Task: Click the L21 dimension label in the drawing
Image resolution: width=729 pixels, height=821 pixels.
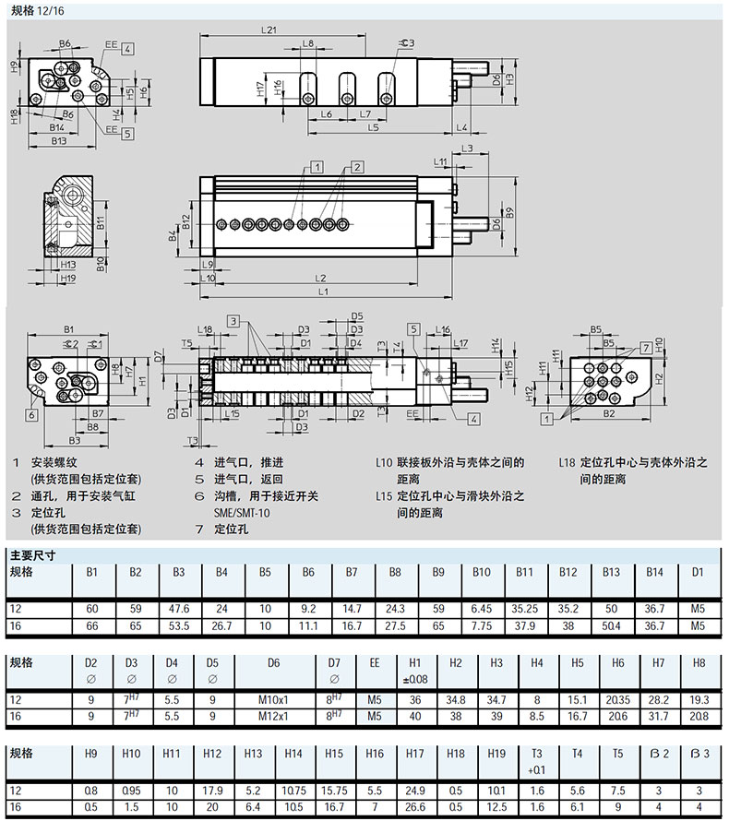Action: pyautogui.click(x=269, y=30)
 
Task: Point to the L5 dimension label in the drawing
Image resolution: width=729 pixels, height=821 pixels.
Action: pyautogui.click(x=373, y=127)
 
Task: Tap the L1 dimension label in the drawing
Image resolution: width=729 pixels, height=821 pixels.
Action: pyautogui.click(x=323, y=292)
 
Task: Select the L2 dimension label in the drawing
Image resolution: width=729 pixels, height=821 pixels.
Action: pyautogui.click(x=320, y=278)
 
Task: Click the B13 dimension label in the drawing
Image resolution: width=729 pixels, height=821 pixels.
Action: pyautogui.click(x=59, y=141)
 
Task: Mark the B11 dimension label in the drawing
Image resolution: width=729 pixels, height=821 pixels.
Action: pyautogui.click(x=102, y=221)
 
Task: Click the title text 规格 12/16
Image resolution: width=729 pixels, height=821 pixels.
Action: pyautogui.click(x=39, y=10)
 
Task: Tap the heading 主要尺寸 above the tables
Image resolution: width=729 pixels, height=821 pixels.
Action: pyautogui.click(x=33, y=555)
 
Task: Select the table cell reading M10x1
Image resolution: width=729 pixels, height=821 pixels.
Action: pyautogui.click(x=274, y=700)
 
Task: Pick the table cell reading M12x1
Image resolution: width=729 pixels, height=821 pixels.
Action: pyautogui.click(x=274, y=715)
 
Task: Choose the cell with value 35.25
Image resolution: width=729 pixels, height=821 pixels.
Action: pyautogui.click(x=525, y=609)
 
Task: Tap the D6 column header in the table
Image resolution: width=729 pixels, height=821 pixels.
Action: pyautogui.click(x=274, y=662)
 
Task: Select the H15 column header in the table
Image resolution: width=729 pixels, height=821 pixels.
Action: pyautogui.click(x=335, y=754)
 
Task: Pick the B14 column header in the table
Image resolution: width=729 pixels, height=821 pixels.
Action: pyautogui.click(x=654, y=572)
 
